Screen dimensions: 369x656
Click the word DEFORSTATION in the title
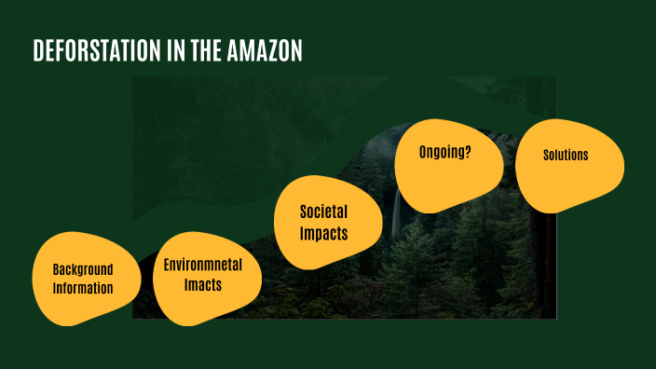[89, 51]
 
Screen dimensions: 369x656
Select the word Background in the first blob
[82, 268]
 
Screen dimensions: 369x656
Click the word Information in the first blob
[82, 288]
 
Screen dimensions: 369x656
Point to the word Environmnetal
[203, 265]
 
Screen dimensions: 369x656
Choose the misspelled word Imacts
[203, 285]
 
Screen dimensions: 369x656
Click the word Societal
[323, 212]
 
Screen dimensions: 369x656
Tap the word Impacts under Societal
[323, 233]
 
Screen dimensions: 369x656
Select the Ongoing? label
[444, 152]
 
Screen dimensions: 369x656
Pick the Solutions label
[566, 155]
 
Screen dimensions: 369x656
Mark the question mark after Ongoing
[468, 152]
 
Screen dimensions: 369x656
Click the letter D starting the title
[39, 51]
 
